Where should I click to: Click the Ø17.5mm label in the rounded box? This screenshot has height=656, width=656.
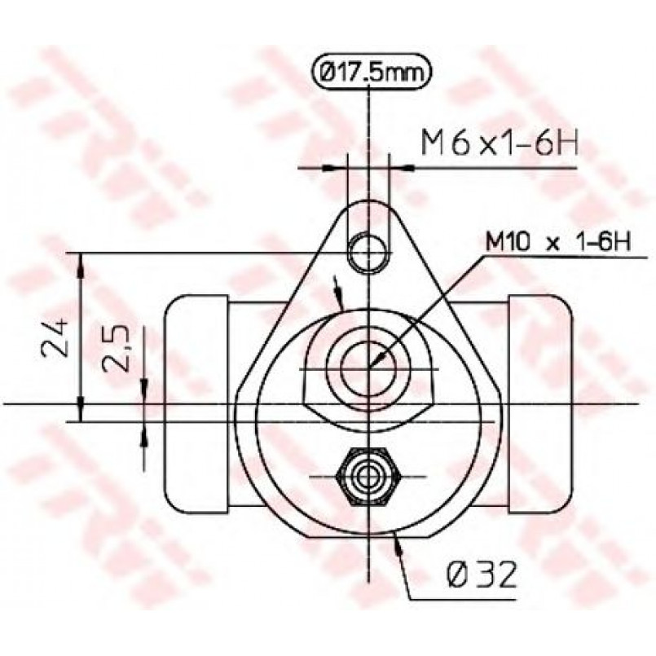point(371,73)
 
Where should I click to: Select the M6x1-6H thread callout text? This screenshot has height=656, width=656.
point(500,143)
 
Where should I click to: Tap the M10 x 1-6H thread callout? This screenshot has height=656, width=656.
point(558,242)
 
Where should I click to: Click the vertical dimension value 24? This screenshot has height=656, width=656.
point(55,337)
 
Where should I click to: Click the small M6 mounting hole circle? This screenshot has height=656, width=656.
point(368,253)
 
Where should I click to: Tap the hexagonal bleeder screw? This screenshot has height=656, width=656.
point(368,476)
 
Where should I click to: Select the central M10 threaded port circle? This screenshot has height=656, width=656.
point(368,368)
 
